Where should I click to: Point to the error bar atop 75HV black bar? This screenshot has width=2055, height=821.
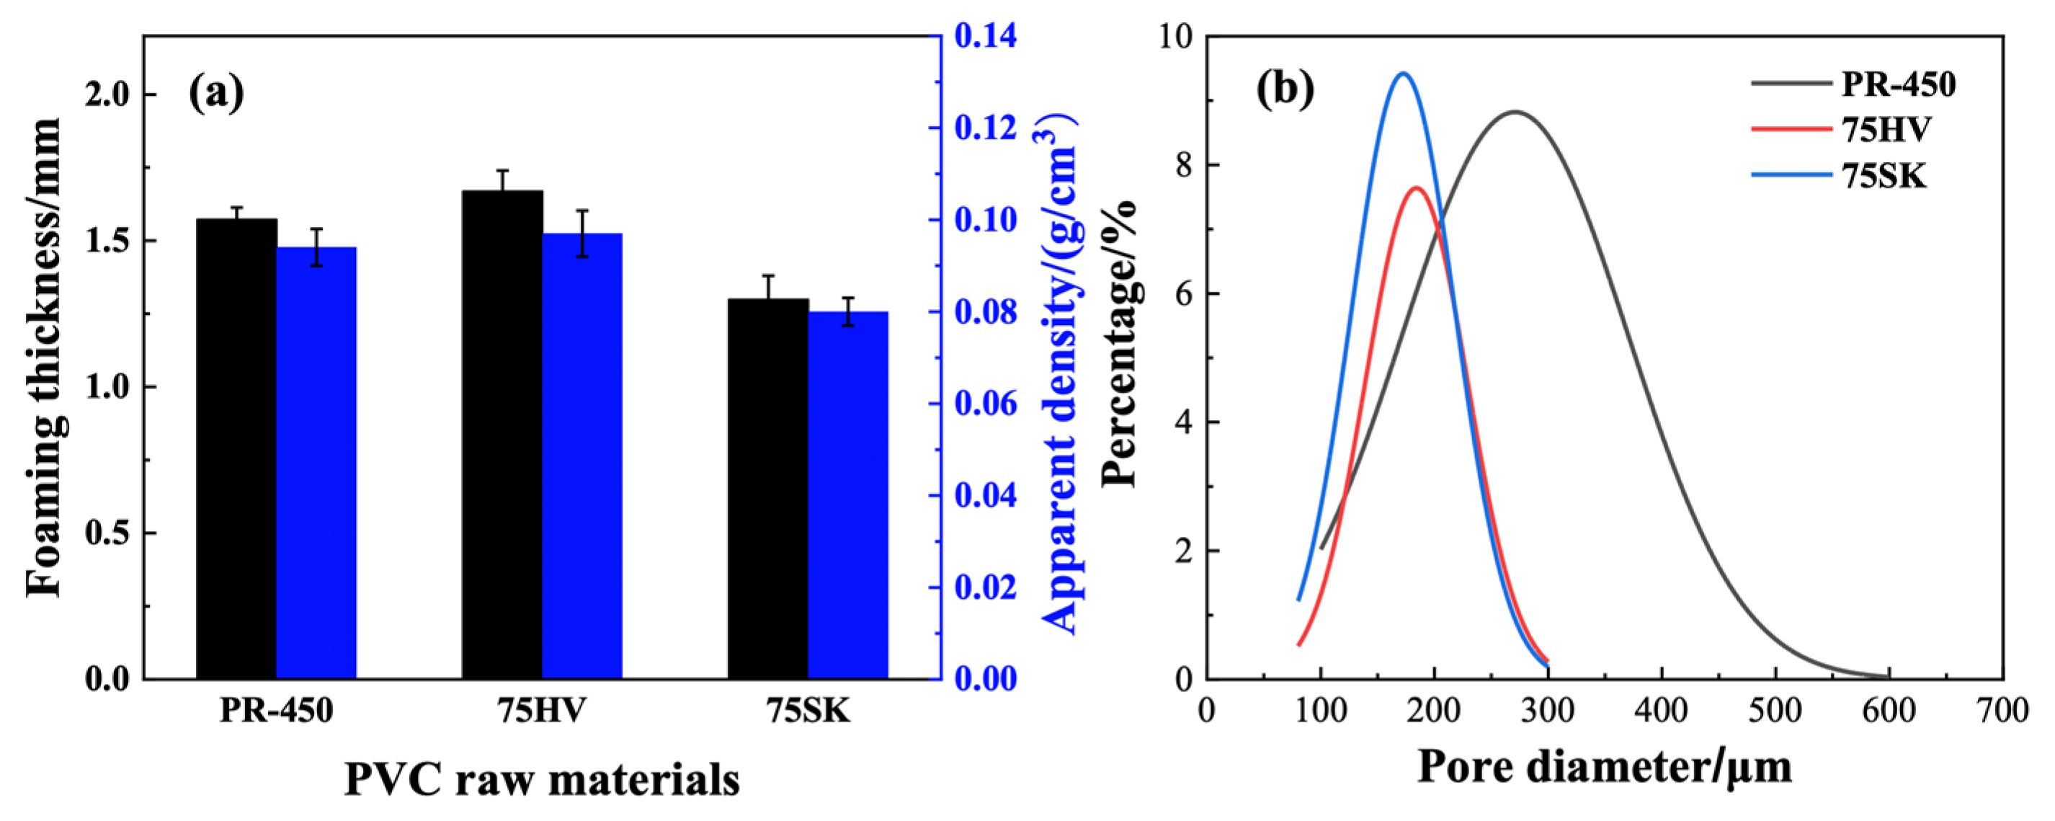[503, 180]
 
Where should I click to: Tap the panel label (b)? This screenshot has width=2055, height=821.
[1284, 90]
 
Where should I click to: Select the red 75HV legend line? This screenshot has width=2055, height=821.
[1791, 128]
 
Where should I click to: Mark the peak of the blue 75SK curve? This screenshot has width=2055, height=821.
[1403, 74]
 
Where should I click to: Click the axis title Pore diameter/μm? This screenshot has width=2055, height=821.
[1604, 768]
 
